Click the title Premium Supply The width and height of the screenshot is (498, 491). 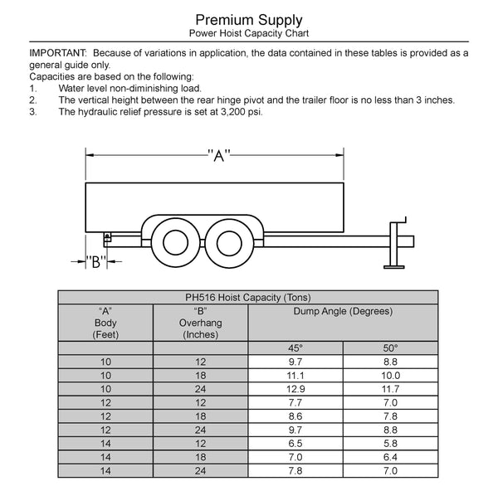[248, 19]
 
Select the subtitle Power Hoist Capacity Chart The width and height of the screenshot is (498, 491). [248, 34]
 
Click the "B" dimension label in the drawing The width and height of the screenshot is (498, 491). [95, 262]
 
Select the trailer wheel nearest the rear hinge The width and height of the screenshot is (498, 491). [175, 241]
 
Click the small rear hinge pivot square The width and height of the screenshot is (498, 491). [108, 239]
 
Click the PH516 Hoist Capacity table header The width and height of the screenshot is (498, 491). [248, 297]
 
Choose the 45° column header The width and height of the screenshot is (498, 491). [295, 348]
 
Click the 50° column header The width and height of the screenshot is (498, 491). [390, 348]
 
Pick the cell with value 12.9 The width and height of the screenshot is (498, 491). [295, 388]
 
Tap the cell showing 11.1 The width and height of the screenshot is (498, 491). [295, 375]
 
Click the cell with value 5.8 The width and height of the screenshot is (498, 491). [390, 443]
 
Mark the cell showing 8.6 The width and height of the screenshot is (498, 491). [295, 416]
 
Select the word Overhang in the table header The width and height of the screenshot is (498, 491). [200, 323]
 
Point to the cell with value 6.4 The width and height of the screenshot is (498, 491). [390, 456]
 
